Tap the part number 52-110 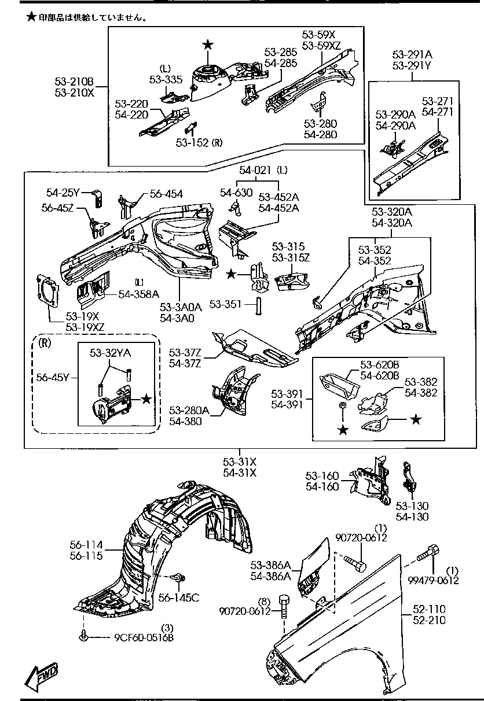coord(430,608)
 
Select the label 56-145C coord(179,597)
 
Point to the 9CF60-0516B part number coord(144,638)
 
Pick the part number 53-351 coord(227,304)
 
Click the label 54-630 coord(236,193)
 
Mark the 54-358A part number coord(138,294)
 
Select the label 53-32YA coord(109,352)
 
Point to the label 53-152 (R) coord(201,142)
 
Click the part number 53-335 coord(166,79)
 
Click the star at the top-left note coord(31,17)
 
